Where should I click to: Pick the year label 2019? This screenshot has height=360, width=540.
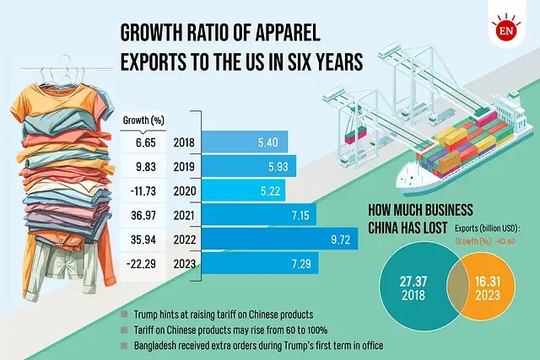click(x=184, y=165)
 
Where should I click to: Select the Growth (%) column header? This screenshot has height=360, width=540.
click(x=144, y=119)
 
